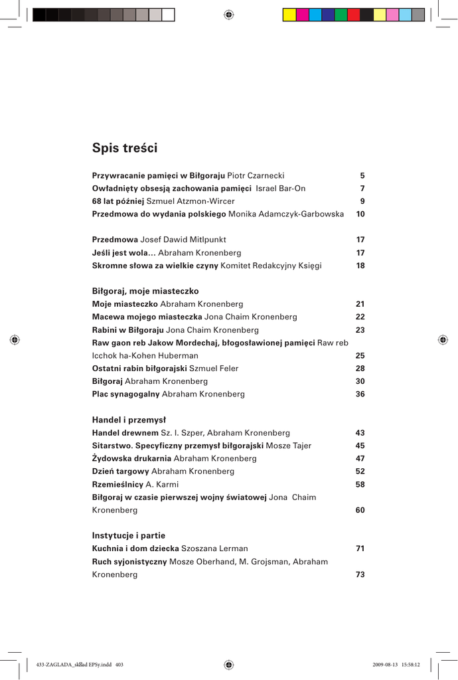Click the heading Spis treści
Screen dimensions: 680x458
tap(125, 148)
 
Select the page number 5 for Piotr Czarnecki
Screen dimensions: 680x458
tap(362, 176)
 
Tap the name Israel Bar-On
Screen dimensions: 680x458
tap(281, 189)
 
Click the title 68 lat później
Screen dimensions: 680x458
tap(117, 201)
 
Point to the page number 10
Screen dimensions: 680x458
tap(360, 214)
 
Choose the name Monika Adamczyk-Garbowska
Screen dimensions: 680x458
tap(286, 214)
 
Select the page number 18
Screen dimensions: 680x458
tap(360, 266)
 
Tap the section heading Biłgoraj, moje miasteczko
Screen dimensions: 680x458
tap(145, 291)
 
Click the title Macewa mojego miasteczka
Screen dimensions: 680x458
tap(147, 317)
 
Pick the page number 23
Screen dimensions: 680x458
tap(360, 330)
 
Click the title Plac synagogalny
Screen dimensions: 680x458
tap(125, 394)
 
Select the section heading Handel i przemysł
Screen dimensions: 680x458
tap(129, 420)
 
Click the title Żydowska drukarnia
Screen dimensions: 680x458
tap(131, 458)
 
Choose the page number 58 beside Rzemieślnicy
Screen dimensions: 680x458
tap(360, 484)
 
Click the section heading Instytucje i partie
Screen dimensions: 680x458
tap(129, 535)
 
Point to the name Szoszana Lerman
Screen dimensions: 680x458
tap(214, 549)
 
